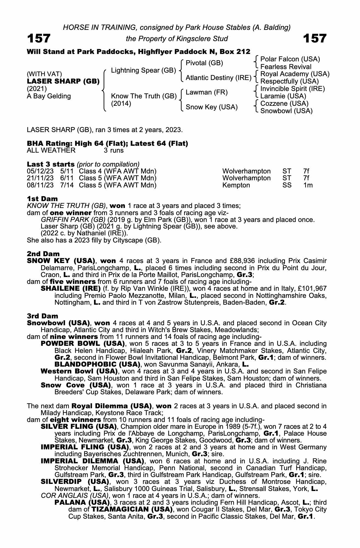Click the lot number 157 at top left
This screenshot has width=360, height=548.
39,38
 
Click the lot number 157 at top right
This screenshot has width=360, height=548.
315,38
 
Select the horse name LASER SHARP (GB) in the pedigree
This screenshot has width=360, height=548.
63,81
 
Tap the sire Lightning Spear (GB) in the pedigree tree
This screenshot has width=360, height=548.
143,70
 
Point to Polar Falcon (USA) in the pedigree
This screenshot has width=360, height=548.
290,59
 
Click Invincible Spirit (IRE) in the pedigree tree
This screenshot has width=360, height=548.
292,89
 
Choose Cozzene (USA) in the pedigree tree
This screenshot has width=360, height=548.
284,104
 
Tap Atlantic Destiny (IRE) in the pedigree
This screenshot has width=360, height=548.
218,78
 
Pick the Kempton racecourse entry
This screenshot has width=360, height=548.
236,185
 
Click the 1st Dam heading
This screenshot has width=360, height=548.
42,199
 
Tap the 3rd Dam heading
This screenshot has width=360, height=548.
42,316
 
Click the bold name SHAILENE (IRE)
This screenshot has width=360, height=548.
70,289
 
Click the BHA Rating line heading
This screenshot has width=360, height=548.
107,144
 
